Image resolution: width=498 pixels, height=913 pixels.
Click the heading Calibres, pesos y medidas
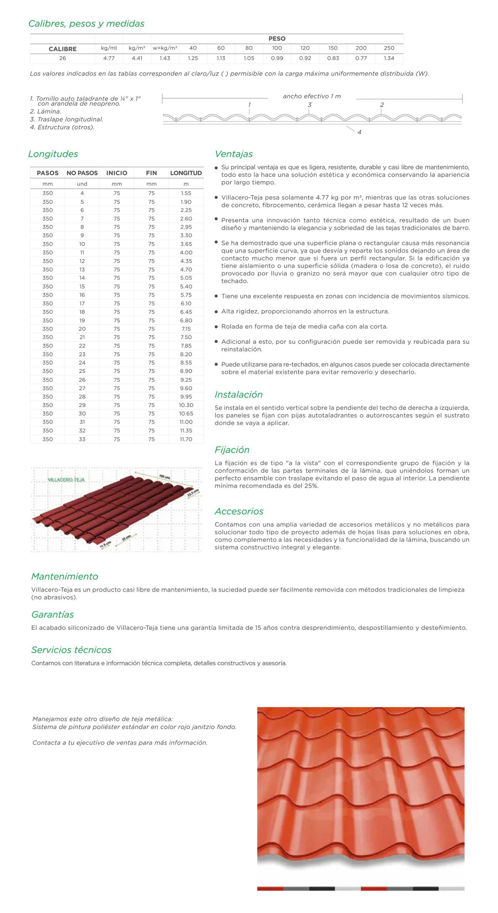point(86,24)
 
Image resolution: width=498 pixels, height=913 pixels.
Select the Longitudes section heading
point(53,154)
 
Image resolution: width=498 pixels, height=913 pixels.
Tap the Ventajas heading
point(233,154)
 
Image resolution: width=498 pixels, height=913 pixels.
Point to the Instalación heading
point(238,394)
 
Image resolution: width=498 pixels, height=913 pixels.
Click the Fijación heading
point(232,450)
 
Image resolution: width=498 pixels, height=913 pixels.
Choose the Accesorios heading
point(239,511)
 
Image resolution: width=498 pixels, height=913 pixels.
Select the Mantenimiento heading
point(65,576)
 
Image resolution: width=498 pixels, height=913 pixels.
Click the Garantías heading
point(52,614)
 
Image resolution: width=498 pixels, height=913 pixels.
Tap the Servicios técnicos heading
point(71,650)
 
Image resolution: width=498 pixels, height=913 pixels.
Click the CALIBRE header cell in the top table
point(62,49)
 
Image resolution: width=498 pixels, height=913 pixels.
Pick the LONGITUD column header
point(186,173)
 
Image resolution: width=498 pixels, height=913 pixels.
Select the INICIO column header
point(117,173)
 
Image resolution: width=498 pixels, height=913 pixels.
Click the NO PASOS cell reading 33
point(82,439)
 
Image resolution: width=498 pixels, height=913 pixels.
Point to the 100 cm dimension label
point(165,476)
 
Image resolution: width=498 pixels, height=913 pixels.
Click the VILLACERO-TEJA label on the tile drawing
point(66,480)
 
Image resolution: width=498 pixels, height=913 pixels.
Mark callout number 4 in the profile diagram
point(359,132)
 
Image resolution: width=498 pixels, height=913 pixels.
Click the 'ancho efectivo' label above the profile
point(312,96)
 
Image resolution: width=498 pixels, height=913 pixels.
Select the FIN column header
point(151,173)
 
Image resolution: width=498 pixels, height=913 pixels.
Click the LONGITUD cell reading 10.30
point(186,405)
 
